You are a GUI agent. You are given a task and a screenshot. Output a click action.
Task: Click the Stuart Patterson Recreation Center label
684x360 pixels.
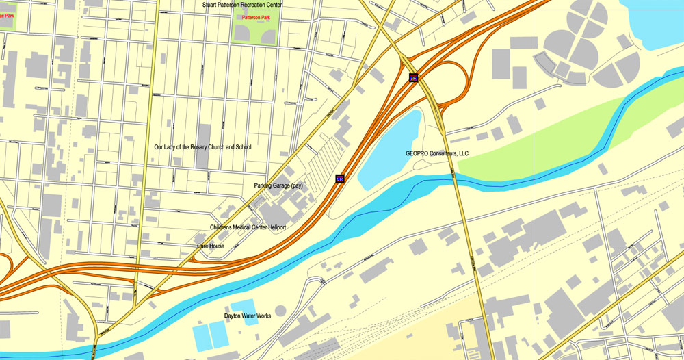242,5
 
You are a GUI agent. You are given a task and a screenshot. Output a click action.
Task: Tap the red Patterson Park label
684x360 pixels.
256,17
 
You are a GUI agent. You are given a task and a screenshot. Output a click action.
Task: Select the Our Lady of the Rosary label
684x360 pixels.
202,147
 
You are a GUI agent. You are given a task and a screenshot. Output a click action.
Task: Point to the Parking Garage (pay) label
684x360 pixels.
278,185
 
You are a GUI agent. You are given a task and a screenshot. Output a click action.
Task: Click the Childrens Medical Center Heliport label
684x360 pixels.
248,227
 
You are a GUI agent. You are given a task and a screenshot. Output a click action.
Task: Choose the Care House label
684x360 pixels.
211,246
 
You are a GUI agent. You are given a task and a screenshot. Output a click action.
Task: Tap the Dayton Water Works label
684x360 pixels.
248,316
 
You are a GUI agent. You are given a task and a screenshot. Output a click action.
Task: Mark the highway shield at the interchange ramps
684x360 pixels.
413,78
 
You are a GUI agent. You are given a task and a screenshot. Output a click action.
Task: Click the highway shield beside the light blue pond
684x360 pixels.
339,179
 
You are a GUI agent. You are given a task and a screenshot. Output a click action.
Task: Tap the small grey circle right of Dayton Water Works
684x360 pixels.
280,311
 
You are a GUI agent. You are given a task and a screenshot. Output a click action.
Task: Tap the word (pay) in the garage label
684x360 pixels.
295,185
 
